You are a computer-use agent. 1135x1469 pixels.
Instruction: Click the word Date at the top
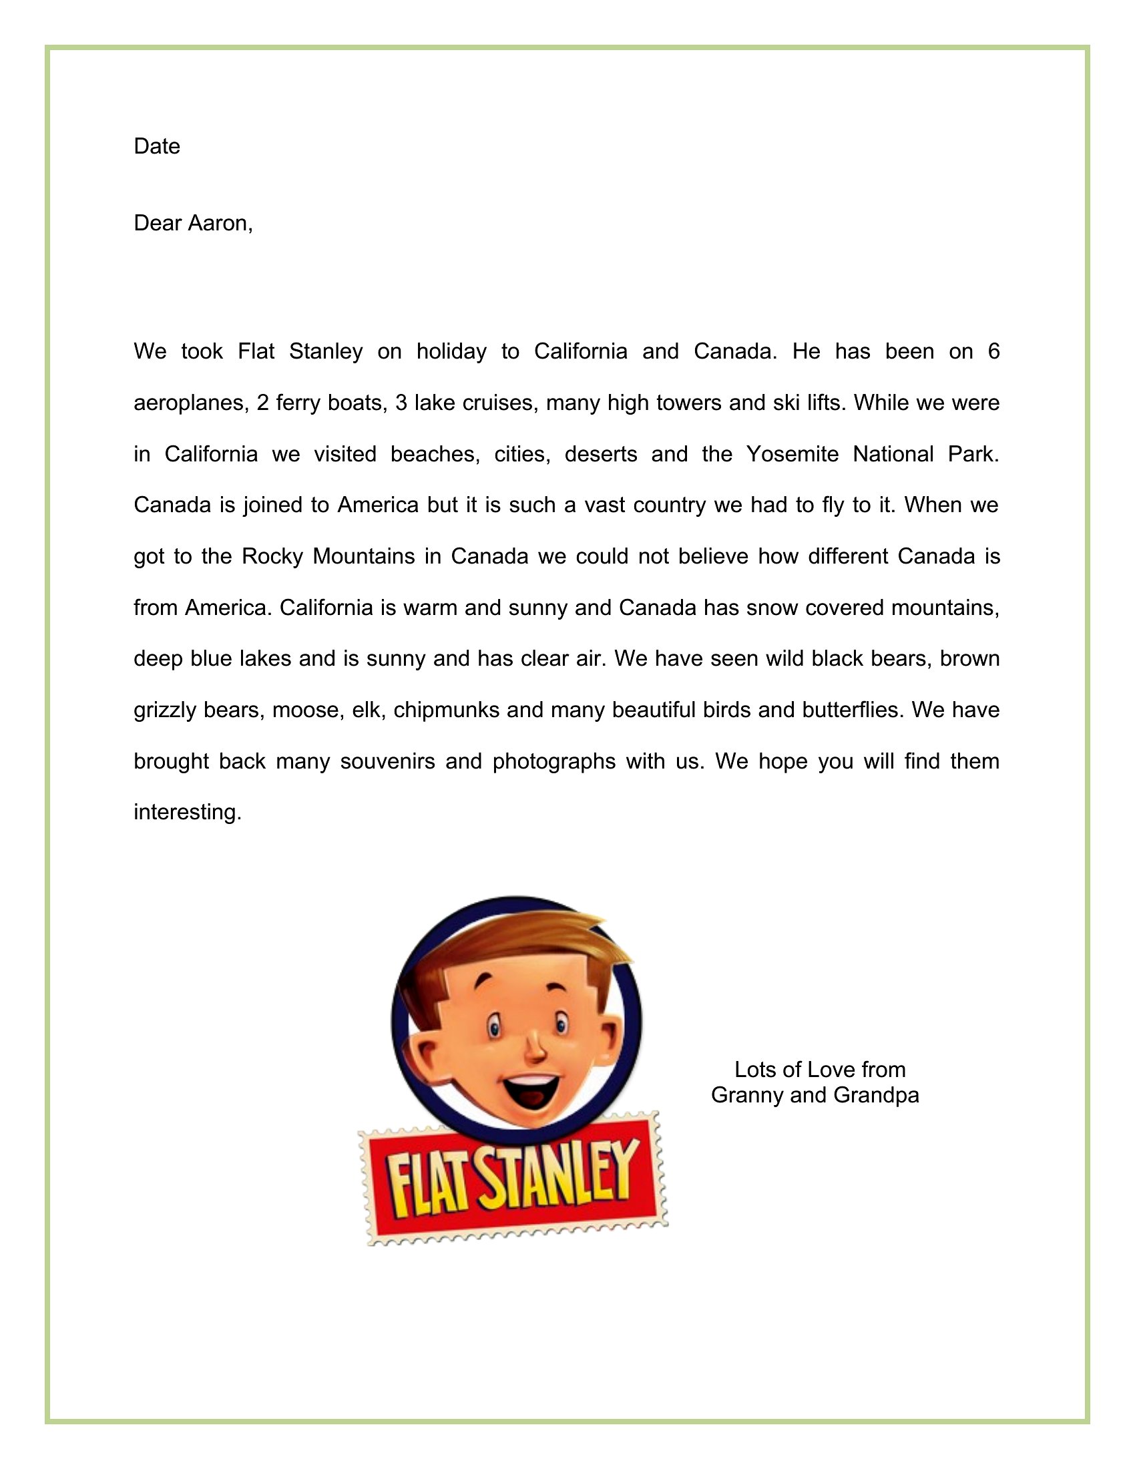click(x=157, y=147)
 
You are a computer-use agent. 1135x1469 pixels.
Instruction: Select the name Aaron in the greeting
click(x=220, y=223)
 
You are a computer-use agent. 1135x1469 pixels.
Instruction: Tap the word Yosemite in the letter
click(x=792, y=455)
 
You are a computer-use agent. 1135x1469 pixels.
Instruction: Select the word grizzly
click(x=164, y=710)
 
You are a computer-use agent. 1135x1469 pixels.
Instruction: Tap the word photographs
click(x=554, y=761)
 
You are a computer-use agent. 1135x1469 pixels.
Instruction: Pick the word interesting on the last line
click(x=187, y=813)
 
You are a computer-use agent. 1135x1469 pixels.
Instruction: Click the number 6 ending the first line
click(x=994, y=352)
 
